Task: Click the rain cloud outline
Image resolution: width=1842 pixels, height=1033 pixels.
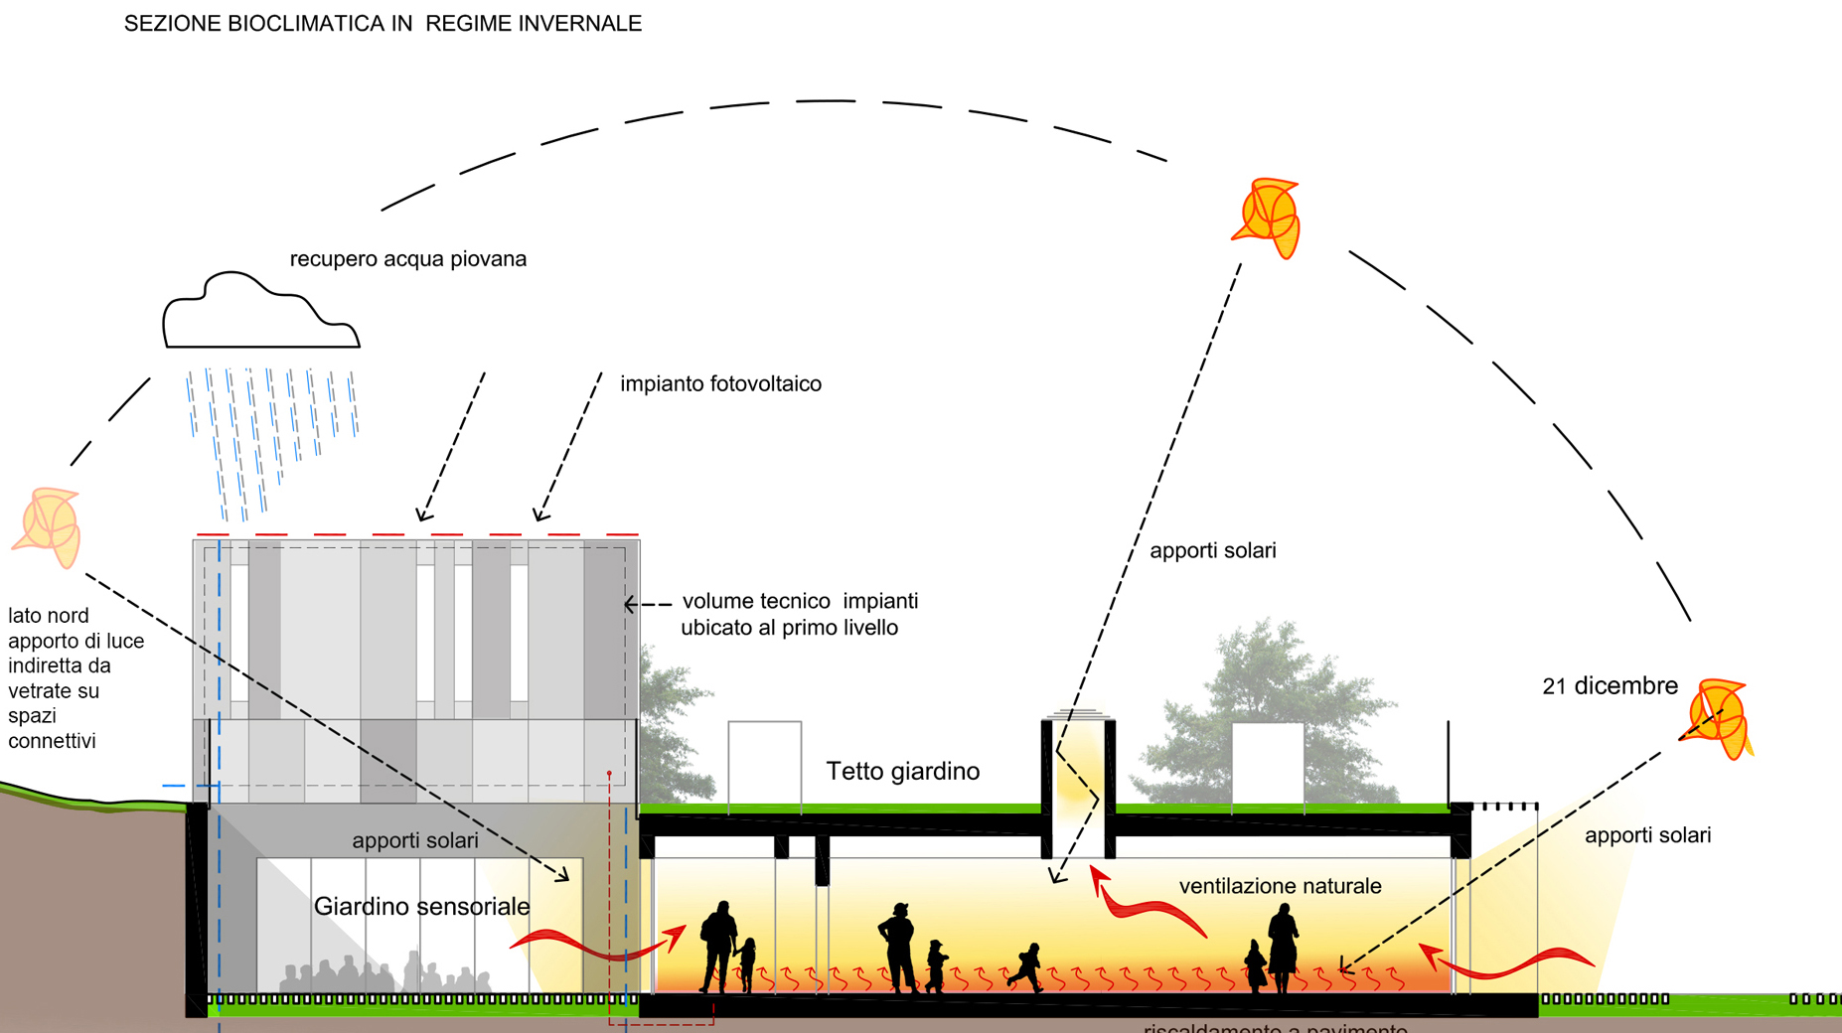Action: [260, 313]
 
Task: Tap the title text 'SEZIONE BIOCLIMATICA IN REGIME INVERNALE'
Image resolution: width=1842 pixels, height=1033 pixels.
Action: [383, 24]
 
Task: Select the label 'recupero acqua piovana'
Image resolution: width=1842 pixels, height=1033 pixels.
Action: [407, 259]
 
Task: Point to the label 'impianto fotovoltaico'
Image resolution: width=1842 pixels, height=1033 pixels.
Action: [720, 384]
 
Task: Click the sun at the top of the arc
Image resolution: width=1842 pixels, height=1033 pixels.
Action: [1267, 218]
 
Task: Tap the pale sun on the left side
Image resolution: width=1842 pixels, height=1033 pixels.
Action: [48, 526]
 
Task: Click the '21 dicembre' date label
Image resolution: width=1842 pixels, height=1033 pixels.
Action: [1610, 686]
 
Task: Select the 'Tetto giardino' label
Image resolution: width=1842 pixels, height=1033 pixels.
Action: [902, 772]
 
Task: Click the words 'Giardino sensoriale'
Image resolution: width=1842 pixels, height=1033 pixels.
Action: [421, 907]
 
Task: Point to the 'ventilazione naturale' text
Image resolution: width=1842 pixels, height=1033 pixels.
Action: [1280, 886]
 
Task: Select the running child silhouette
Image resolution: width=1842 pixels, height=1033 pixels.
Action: [1026, 967]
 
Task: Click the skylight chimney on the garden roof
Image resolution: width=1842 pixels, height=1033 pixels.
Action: [1078, 785]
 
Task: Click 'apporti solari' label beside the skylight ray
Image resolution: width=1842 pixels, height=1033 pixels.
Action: [1212, 551]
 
